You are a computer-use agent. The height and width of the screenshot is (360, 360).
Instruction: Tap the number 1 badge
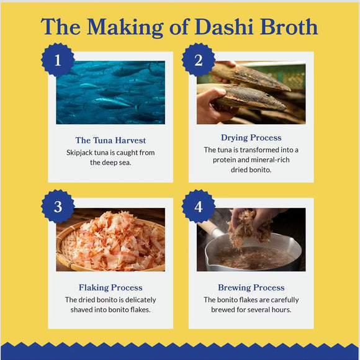tap(58, 60)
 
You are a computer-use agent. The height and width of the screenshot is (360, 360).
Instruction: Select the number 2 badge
tap(199, 60)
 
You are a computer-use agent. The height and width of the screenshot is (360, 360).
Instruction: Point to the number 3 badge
tap(58, 207)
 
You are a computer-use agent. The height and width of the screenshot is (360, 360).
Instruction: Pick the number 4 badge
tap(199, 207)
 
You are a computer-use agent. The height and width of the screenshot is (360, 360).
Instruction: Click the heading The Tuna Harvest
tap(110, 140)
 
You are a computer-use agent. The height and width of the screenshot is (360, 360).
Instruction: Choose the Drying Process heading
tap(251, 138)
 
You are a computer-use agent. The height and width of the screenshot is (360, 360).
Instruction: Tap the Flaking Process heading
tap(110, 287)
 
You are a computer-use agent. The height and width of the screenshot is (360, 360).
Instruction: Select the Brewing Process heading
tap(251, 287)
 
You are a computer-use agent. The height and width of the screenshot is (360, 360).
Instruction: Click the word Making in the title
tap(125, 27)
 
